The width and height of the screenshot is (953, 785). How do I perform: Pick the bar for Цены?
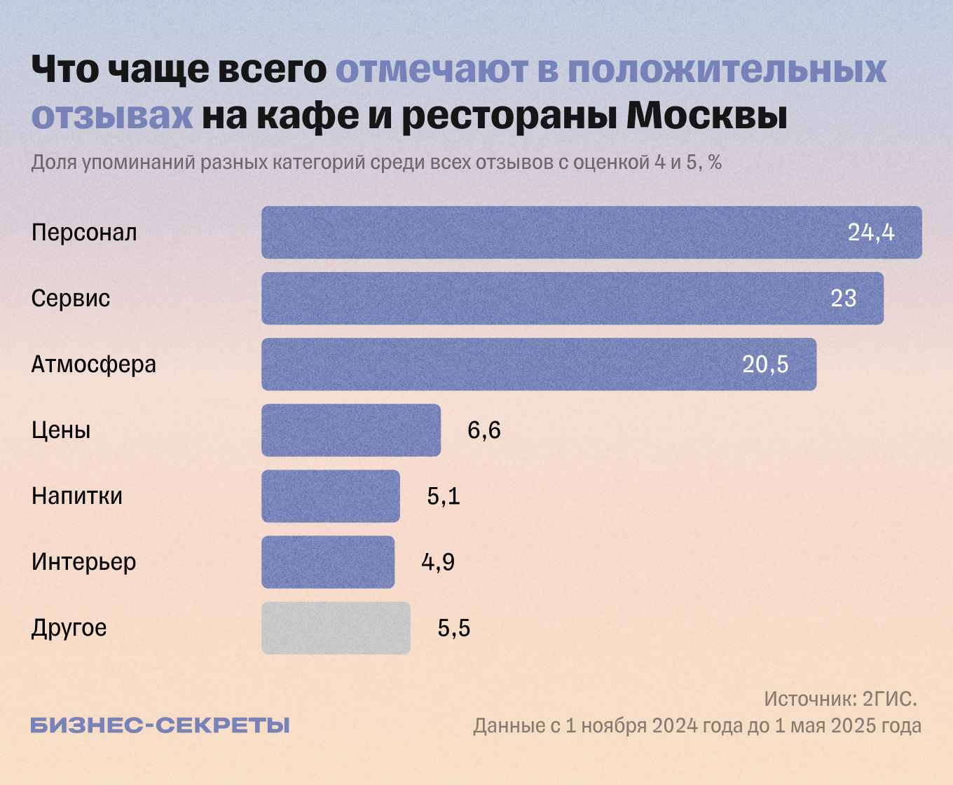coord(351,430)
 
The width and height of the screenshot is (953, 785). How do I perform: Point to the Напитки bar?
coord(331,496)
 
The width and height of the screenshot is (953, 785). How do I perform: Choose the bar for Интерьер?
coord(328,561)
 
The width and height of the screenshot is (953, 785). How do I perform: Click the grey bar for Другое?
coord(336,627)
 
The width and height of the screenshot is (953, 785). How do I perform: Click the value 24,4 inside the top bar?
coord(871,232)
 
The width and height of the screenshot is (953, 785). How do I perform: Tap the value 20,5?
coord(765,364)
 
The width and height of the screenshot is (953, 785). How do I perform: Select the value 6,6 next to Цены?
coord(484,430)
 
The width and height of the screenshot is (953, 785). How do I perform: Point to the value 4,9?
coord(438,561)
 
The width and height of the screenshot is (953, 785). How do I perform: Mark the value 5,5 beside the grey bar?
coord(454,628)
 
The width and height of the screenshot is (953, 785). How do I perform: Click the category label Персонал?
coord(84,233)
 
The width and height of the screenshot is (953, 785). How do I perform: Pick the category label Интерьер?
coord(83,562)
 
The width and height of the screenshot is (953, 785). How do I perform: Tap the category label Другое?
coord(69,628)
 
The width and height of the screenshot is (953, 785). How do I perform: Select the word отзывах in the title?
coord(112,116)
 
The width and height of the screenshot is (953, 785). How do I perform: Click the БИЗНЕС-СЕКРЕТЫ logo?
coord(160,725)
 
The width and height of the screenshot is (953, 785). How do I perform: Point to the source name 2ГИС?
coord(889,699)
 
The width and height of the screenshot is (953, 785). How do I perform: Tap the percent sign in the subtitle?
coord(715,163)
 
